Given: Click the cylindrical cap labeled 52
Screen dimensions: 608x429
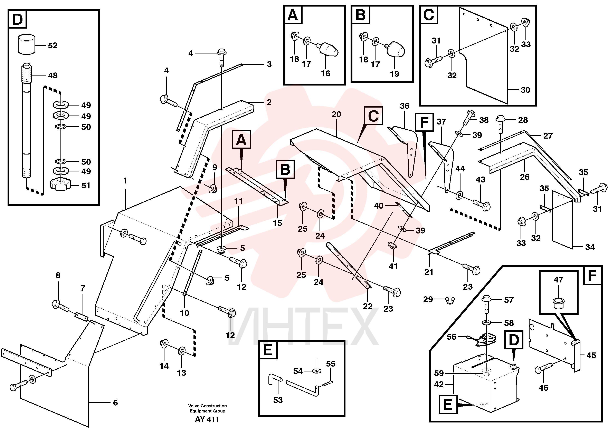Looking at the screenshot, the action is [27, 44].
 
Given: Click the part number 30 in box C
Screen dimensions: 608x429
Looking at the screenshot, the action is [525, 90].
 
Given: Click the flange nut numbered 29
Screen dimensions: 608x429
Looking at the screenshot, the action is [449, 300].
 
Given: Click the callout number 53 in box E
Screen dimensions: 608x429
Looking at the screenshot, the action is [278, 400].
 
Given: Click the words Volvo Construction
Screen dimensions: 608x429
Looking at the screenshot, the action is [208, 406].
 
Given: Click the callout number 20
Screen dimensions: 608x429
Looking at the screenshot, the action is [336, 114].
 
